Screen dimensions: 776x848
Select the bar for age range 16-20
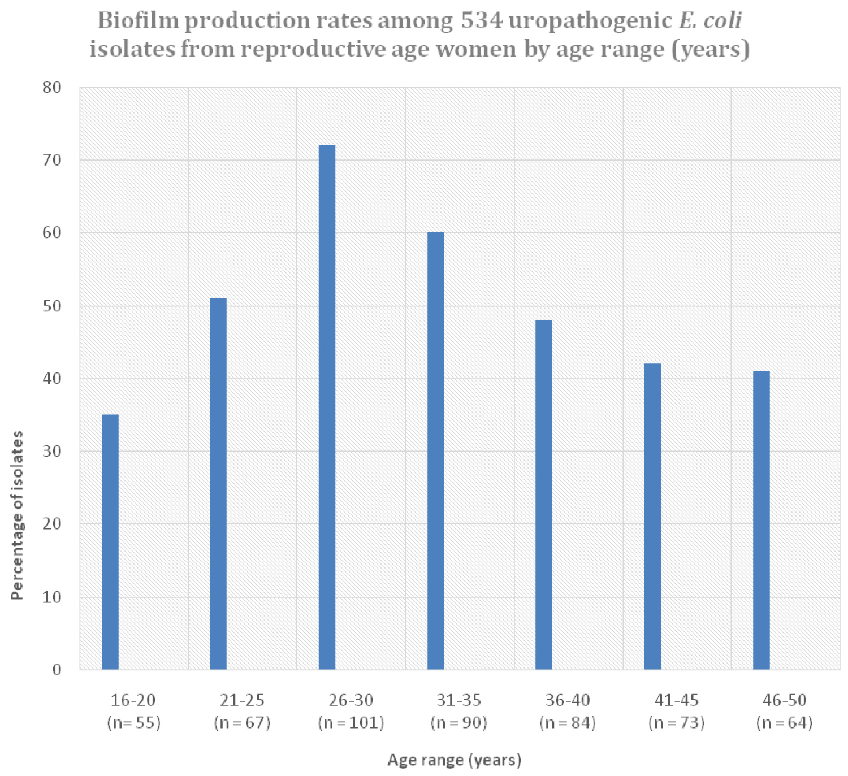coord(110,542)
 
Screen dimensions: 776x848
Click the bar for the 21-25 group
coord(218,484)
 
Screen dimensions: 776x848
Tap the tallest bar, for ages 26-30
coord(327,407)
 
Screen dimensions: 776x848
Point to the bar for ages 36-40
coord(544,495)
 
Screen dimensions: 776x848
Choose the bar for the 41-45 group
coord(652,517)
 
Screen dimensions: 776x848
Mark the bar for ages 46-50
coord(761,521)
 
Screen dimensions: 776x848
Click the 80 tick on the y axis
coord(51,88)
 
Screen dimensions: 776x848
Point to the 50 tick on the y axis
coord(51,306)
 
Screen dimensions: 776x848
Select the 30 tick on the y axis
coord(51,452)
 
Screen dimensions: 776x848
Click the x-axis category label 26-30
coord(351,700)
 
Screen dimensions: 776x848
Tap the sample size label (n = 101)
coord(351,723)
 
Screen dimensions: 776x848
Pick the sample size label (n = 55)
coord(133,723)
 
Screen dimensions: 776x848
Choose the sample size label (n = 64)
coord(785,723)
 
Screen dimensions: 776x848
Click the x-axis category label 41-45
coord(677,700)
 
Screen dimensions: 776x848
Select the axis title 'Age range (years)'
coord(455,760)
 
